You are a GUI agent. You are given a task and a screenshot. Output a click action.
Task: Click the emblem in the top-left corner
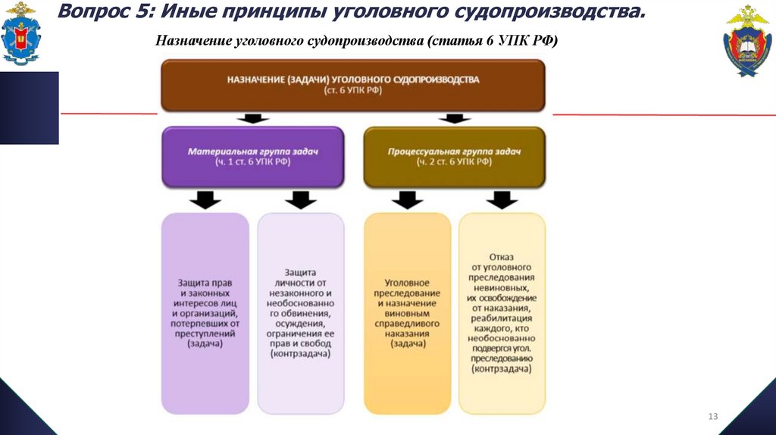pyautogui.click(x=22, y=34)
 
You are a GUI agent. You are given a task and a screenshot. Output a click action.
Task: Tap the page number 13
pyautogui.click(x=712, y=416)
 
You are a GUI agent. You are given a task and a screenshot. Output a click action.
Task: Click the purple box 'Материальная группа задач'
pyautogui.click(x=253, y=157)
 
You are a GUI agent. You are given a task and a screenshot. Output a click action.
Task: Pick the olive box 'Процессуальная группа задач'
pyautogui.click(x=454, y=157)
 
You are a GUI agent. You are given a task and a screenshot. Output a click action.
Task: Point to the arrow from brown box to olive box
pyautogui.click(x=454, y=119)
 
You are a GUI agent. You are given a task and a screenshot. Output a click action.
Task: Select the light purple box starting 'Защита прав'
pyautogui.click(x=205, y=312)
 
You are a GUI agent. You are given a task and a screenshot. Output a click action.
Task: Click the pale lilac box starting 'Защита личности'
pyautogui.click(x=301, y=312)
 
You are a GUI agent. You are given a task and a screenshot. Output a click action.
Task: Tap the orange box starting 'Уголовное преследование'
pyautogui.click(x=408, y=312)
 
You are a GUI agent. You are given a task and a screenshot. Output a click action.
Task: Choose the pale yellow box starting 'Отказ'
pyautogui.click(x=502, y=312)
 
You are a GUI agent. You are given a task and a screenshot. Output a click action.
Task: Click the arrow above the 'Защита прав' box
pyautogui.click(x=205, y=200)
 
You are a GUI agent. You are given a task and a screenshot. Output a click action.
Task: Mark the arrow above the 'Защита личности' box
pyautogui.click(x=301, y=200)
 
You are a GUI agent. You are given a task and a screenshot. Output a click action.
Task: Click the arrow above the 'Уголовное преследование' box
pyautogui.click(x=408, y=200)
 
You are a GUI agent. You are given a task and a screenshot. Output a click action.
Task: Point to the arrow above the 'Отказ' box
pyautogui.click(x=502, y=200)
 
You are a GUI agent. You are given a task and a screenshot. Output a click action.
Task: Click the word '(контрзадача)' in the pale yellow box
pyautogui.click(x=502, y=368)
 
